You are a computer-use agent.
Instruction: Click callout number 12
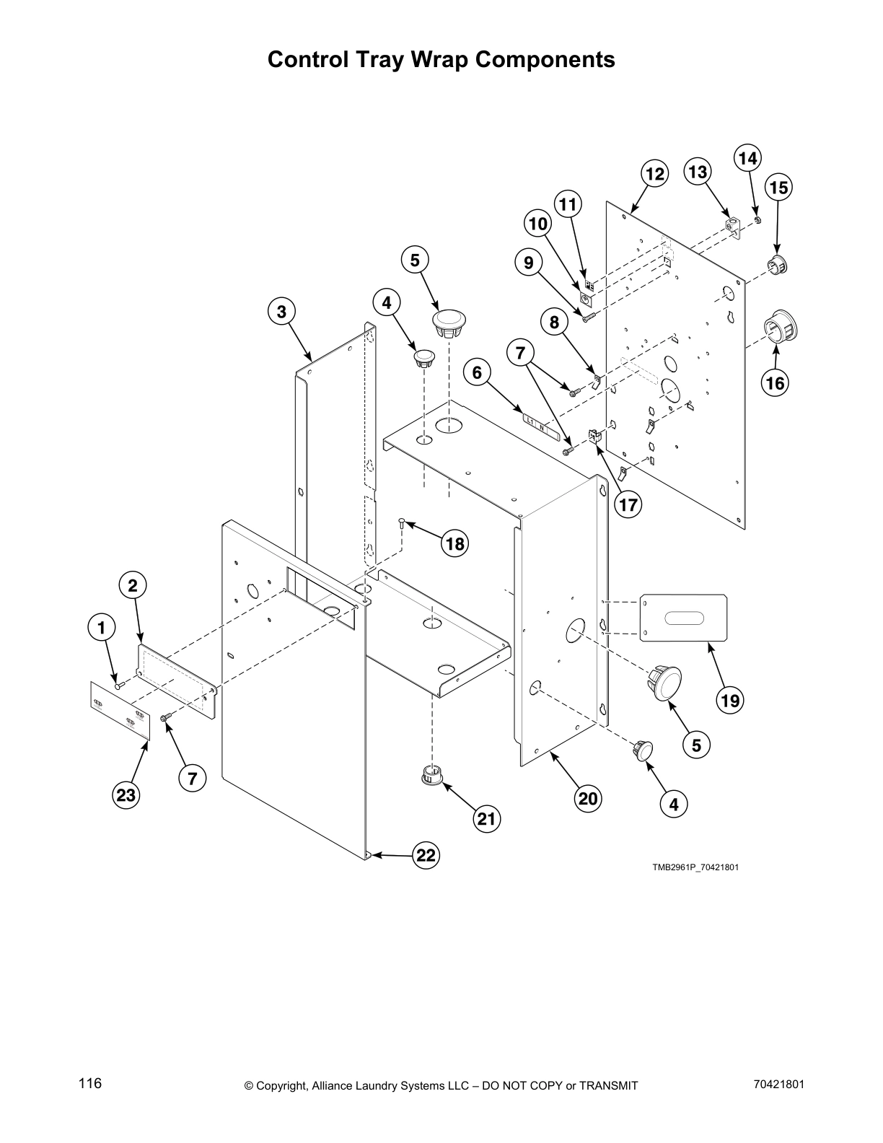click(654, 175)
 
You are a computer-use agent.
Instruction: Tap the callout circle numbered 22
click(426, 855)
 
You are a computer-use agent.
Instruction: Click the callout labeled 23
click(126, 795)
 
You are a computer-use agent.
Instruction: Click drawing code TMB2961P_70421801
click(695, 867)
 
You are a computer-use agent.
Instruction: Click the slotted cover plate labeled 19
click(683, 618)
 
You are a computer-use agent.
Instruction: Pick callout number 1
click(102, 627)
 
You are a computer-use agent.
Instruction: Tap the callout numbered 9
click(529, 263)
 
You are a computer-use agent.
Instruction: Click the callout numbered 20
click(588, 798)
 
